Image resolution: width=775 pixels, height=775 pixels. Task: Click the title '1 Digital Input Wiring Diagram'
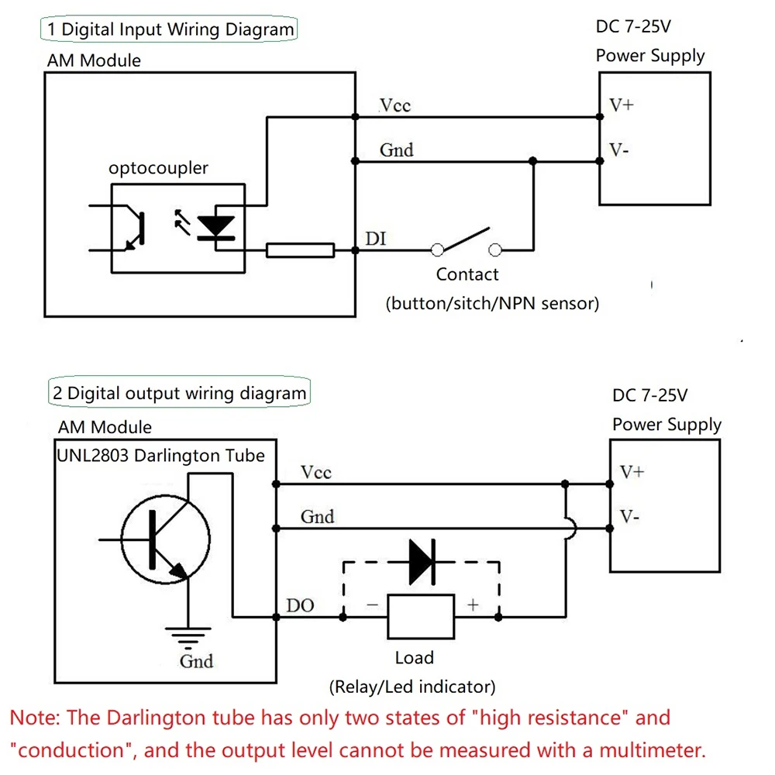click(x=170, y=29)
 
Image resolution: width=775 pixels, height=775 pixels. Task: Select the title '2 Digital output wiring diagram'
click(x=180, y=393)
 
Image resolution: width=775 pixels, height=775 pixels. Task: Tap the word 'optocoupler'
click(x=158, y=168)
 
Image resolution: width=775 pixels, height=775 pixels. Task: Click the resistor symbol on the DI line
click(x=300, y=250)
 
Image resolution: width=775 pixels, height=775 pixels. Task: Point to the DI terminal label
click(x=375, y=239)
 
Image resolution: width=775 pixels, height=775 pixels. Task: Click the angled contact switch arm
click(x=466, y=239)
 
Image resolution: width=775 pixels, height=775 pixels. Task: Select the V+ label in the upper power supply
click(x=622, y=105)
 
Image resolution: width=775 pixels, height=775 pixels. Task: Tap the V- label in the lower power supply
click(x=629, y=517)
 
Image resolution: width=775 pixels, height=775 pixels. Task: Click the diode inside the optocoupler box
click(x=216, y=228)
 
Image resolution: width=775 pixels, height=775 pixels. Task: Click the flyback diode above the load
click(x=422, y=562)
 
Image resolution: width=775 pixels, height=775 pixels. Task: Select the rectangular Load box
click(x=421, y=617)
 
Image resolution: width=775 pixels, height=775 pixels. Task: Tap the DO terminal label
click(x=300, y=605)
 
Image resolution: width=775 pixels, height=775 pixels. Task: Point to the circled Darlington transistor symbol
click(x=166, y=539)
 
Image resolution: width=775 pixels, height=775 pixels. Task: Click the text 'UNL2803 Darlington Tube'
click(x=160, y=455)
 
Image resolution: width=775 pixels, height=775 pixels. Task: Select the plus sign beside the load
click(x=473, y=604)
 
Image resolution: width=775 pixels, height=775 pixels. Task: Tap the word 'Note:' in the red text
click(x=35, y=718)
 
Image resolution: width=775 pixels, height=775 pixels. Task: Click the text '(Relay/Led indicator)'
click(x=412, y=687)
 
